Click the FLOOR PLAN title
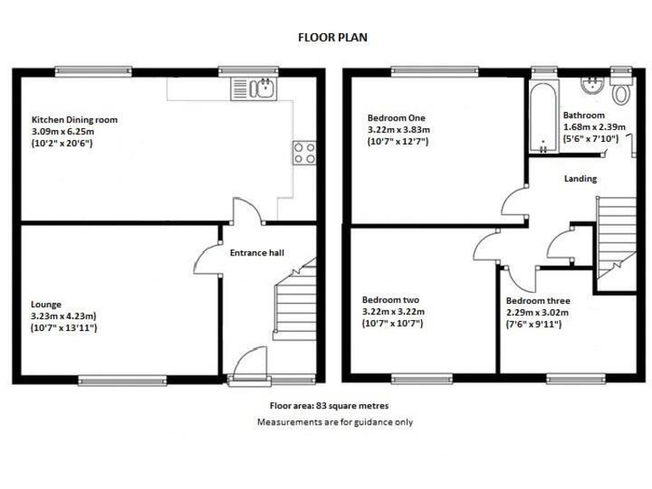(332, 37)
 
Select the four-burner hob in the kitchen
(305, 153)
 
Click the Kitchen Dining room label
(75, 120)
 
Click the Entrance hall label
(256, 252)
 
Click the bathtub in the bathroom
(541, 118)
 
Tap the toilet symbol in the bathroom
(622, 91)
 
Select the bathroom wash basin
(592, 87)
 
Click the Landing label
(581, 178)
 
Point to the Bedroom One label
(396, 118)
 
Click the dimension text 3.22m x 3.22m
(393, 312)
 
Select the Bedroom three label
(537, 301)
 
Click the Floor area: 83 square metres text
(329, 407)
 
